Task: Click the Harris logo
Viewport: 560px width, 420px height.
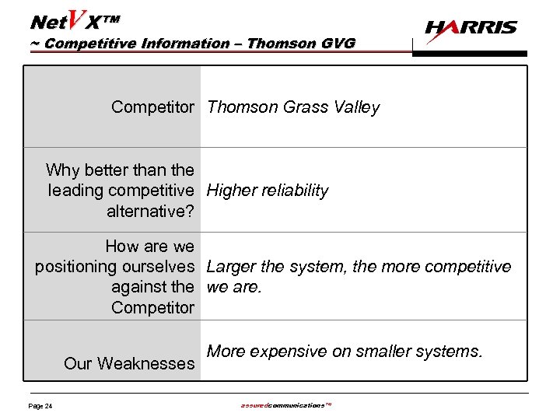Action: coord(471,29)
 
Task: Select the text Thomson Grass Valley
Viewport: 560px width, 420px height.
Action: coord(293,107)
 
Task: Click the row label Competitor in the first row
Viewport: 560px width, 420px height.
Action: coord(152,107)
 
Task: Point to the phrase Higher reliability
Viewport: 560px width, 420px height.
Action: coord(268,191)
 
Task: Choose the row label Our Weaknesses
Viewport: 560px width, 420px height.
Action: coord(129,363)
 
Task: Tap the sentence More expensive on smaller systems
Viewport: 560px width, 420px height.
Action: coord(345,352)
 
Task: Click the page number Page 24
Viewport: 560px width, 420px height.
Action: coord(40,406)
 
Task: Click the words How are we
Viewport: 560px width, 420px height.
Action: coord(150,247)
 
